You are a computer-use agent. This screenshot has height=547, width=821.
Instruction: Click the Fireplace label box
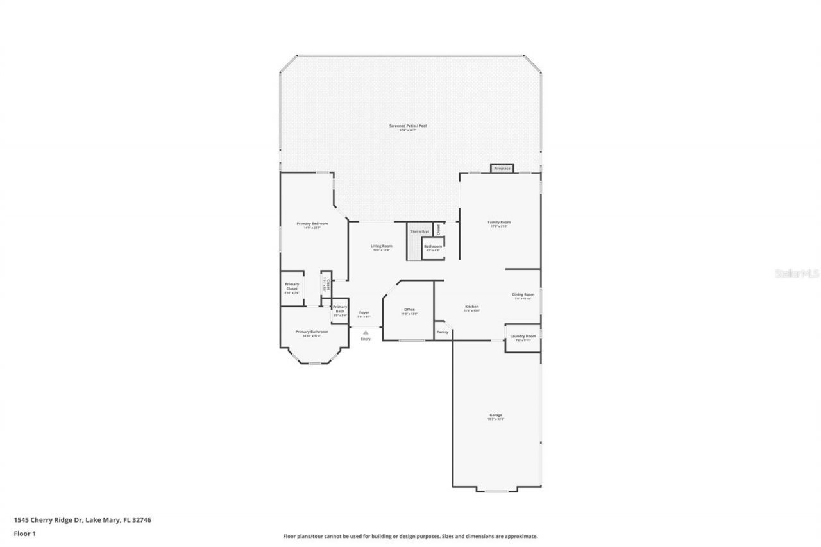pos(502,169)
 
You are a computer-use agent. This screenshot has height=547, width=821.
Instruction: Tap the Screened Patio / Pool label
pos(408,126)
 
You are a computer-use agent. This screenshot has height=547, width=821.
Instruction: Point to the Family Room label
pos(500,223)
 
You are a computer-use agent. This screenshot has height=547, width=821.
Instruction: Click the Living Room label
pos(382,246)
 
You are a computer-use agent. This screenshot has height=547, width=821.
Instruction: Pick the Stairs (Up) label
pos(420,231)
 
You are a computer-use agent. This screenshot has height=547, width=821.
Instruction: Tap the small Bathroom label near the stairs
pos(432,246)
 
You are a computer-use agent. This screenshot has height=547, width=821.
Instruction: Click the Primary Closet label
pos(292,287)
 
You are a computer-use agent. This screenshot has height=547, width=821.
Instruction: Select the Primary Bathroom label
pos(312,332)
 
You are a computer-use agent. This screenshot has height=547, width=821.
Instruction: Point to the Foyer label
pos(364,313)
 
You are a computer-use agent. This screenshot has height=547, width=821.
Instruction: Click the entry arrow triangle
pos(366,332)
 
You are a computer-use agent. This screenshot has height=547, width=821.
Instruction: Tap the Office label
pos(410,310)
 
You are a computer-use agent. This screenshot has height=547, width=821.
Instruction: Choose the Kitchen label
pos(472,307)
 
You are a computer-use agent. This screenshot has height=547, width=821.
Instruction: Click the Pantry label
pos(443,332)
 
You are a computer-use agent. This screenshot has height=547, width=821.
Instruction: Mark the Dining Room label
pos(523,295)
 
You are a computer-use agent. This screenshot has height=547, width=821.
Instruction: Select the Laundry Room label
pos(523,337)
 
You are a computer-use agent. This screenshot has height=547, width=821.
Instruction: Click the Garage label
pos(496,416)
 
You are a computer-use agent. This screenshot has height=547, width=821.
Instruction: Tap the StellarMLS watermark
pos(797,273)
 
